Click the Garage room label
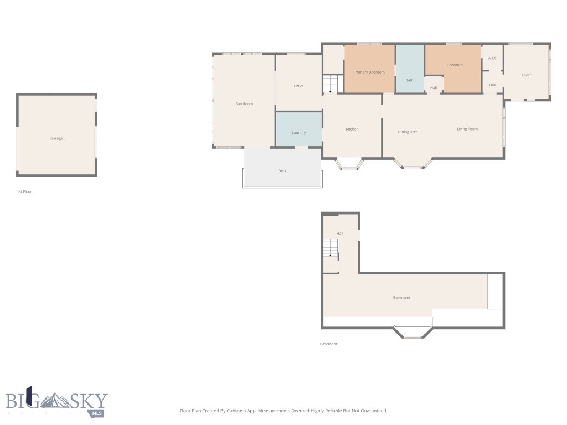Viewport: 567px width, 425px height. (56, 138)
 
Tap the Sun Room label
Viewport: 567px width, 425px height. (244, 104)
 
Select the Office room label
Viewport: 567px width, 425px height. (299, 86)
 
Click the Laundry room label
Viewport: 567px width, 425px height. (299, 133)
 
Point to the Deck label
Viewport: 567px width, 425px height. (282, 171)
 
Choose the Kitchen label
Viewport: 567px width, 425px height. (352, 129)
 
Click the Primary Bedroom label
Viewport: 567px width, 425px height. (369, 72)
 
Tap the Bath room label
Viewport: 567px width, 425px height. (409, 81)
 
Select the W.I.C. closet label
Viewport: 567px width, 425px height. (492, 58)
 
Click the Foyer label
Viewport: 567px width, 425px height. (526, 75)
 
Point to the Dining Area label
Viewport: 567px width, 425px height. (408, 132)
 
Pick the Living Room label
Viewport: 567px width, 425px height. (467, 129)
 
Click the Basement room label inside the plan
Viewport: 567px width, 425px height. (402, 298)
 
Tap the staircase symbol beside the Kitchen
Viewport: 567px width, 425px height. (331, 84)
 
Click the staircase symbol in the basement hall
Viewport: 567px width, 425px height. (331, 248)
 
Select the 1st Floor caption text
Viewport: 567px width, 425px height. (24, 191)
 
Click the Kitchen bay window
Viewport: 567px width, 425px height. (350, 164)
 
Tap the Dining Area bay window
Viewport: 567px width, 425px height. (413, 164)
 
